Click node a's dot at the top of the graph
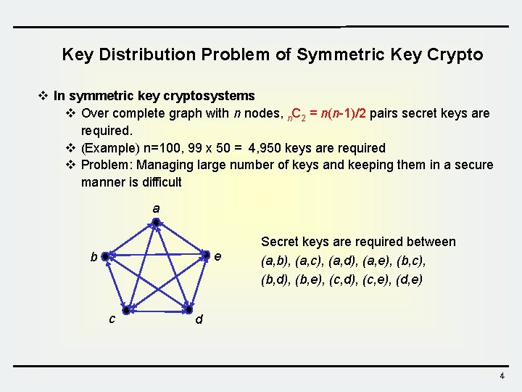tap(156, 221)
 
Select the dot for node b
tap(105, 256)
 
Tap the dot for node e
tap(207, 255)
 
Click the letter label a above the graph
tap(156, 208)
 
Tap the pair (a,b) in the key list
tap(276, 261)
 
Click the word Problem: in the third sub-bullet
tap(107, 165)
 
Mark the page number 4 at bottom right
tap(501, 376)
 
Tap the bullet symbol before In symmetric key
tap(43, 96)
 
